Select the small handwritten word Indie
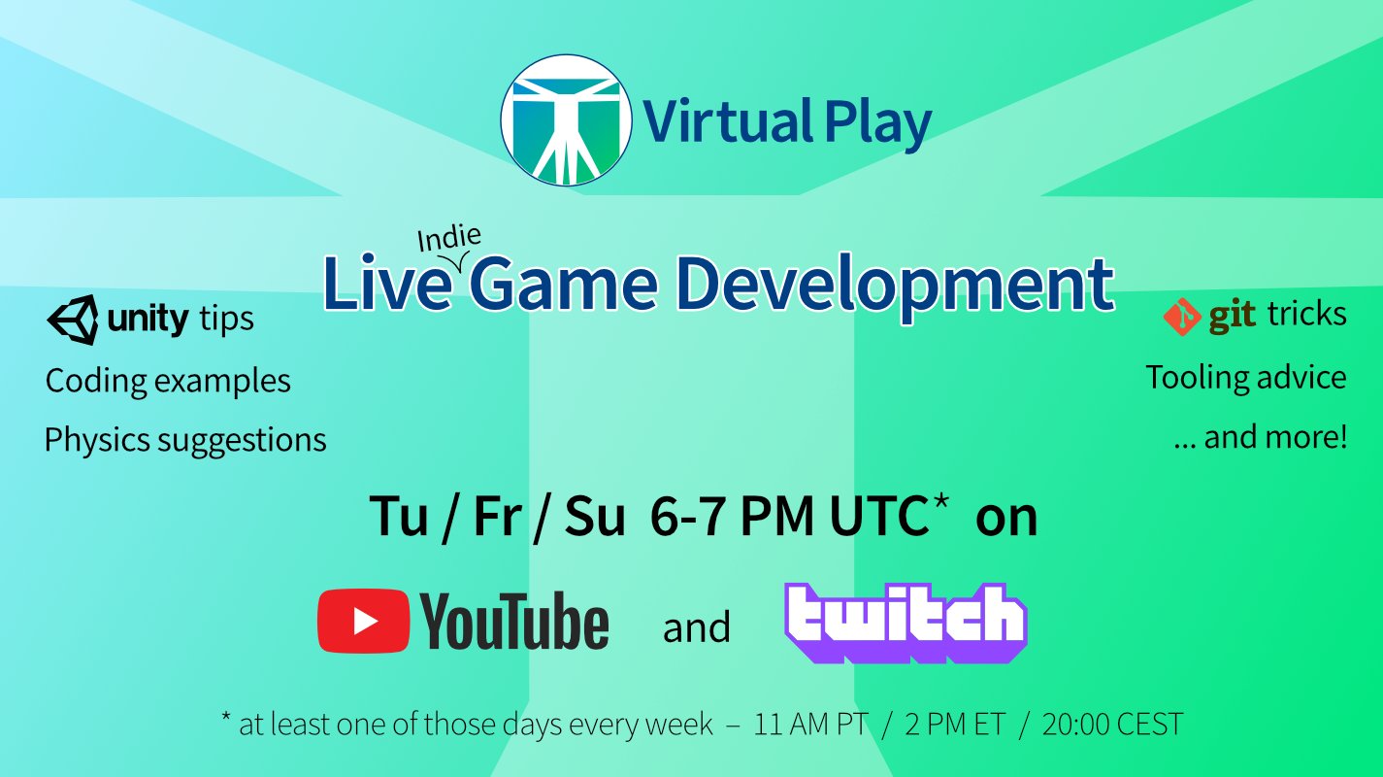[448, 239]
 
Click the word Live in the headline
[388, 285]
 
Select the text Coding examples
[168, 380]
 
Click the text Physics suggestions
[185, 440]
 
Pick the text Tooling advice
[1246, 377]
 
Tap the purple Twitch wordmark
[906, 623]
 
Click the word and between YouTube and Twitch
[696, 628]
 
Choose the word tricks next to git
[1306, 315]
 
